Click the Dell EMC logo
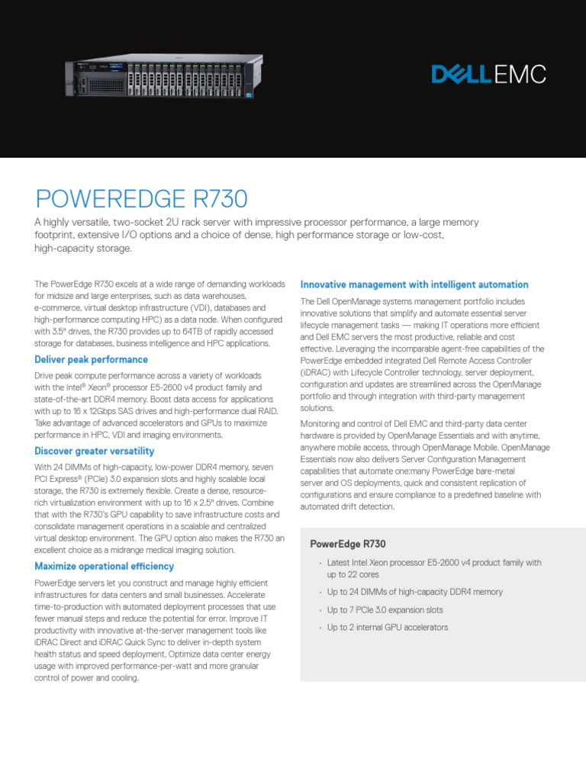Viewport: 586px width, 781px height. pyautogui.click(x=488, y=74)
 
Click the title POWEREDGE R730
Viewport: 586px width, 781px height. pyautogui.click(x=142, y=199)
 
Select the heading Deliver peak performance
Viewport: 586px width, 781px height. pyautogui.click(x=92, y=359)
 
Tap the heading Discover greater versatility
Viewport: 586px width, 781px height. pyautogui.click(x=95, y=452)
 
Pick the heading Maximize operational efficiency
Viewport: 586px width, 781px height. pyautogui.click(x=105, y=566)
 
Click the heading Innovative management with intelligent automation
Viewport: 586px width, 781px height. pyautogui.click(x=414, y=284)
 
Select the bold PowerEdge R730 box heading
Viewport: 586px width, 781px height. pyautogui.click(x=348, y=544)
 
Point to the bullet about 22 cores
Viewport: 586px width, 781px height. pyautogui.click(x=434, y=567)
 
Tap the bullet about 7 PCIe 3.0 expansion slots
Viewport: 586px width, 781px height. pyautogui.click(x=385, y=610)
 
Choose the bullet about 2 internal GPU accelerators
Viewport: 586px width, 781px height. pyautogui.click(x=388, y=628)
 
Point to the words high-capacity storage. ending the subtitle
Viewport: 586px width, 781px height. pyautogui.click(x=84, y=249)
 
